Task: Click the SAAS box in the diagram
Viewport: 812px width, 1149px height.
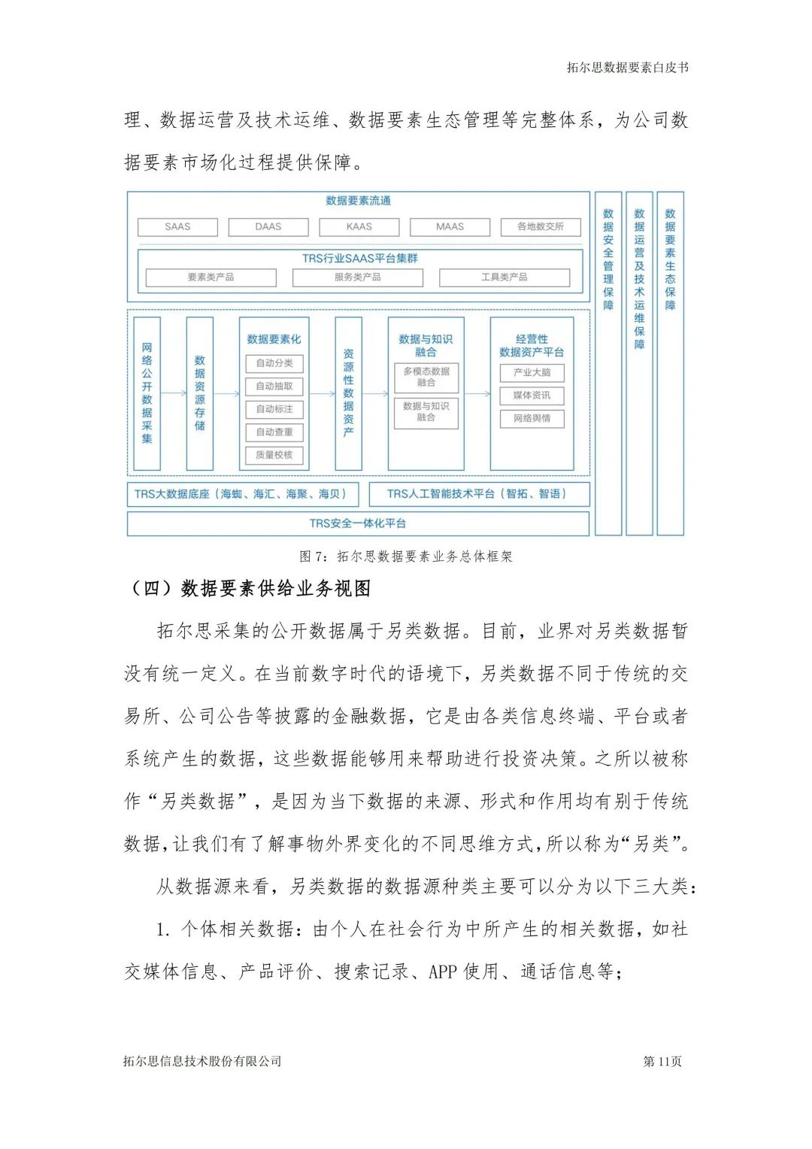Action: point(177,226)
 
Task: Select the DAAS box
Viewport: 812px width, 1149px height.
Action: point(268,226)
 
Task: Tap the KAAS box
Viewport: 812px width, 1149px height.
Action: point(359,226)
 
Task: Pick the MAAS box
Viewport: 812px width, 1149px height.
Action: point(450,226)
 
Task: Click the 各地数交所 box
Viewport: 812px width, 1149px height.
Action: point(541,226)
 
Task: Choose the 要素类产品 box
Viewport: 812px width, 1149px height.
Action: point(211,277)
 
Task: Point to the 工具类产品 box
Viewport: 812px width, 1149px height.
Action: point(504,277)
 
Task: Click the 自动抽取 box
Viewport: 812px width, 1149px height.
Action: point(274,387)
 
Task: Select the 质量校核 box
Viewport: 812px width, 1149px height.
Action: point(274,455)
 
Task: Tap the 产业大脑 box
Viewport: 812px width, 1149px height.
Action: point(532,372)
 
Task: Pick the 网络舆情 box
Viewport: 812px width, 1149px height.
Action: point(532,418)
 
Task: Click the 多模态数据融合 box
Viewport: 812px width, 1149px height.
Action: point(426,377)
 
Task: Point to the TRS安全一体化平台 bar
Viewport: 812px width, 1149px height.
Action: point(358,523)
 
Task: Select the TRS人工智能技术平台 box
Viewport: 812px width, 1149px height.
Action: point(479,494)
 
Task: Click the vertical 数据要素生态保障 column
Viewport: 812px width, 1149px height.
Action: point(670,363)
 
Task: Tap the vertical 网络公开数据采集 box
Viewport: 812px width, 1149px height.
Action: point(147,393)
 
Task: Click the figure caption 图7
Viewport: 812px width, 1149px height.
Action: point(406,556)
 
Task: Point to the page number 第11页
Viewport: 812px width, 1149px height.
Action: point(662,1061)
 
